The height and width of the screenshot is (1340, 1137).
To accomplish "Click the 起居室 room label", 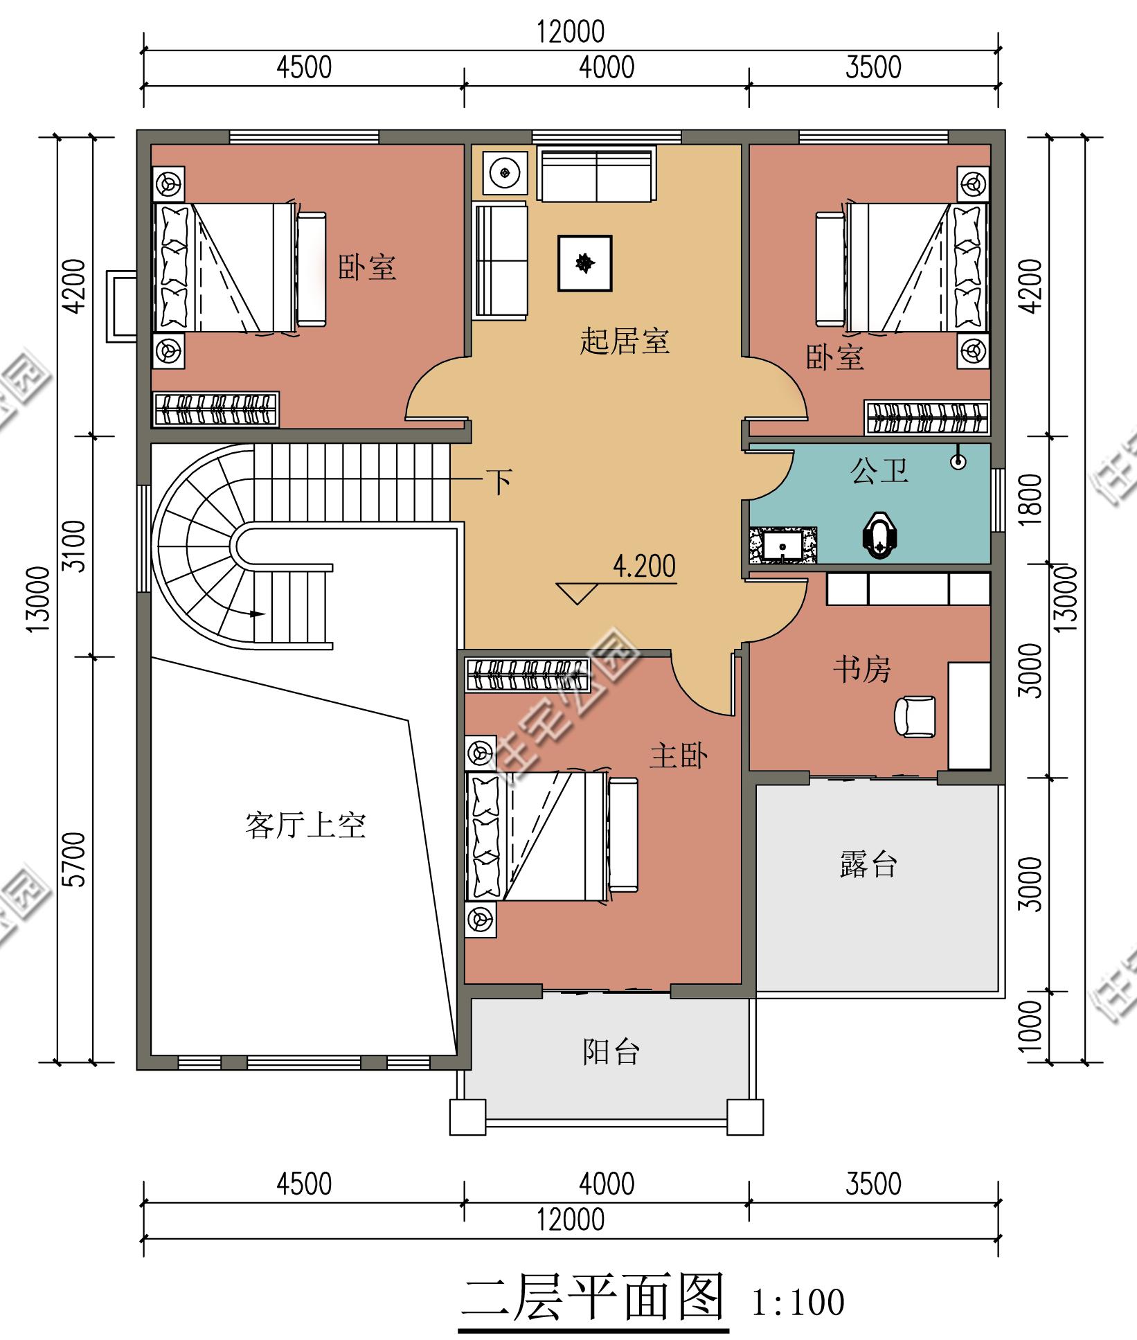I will (x=625, y=341).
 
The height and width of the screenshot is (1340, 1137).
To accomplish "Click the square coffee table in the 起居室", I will (x=585, y=262).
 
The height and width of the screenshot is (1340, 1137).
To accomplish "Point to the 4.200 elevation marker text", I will (x=644, y=567).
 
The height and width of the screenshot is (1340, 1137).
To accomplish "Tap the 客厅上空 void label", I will (x=305, y=826).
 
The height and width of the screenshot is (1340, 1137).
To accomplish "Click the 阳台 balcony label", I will (x=610, y=1052).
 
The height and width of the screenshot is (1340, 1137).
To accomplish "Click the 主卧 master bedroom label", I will (x=679, y=756).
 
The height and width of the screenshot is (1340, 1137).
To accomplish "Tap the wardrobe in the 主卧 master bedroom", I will (x=526, y=675).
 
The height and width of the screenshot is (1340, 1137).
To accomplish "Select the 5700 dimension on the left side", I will (x=76, y=859).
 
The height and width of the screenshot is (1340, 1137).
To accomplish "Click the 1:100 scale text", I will (x=798, y=1303).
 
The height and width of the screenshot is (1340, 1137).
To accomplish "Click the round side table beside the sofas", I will (x=505, y=170).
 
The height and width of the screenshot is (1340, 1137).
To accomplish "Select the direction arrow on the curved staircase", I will (x=257, y=614).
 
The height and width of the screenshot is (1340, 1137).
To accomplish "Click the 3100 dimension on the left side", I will (x=76, y=546).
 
